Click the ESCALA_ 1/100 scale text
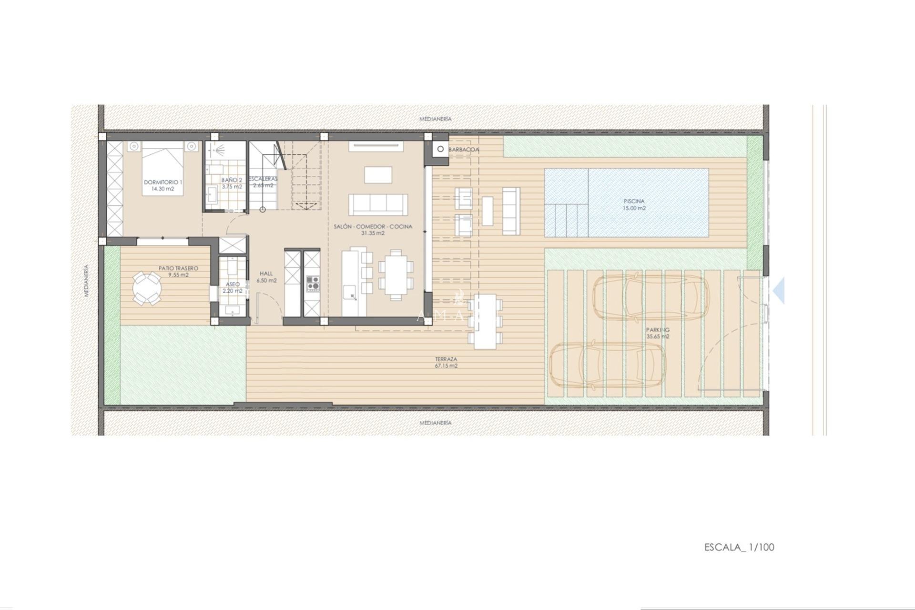coord(739,547)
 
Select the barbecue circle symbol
coord(440,149)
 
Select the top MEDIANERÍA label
coord(435,119)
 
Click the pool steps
coord(567,219)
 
